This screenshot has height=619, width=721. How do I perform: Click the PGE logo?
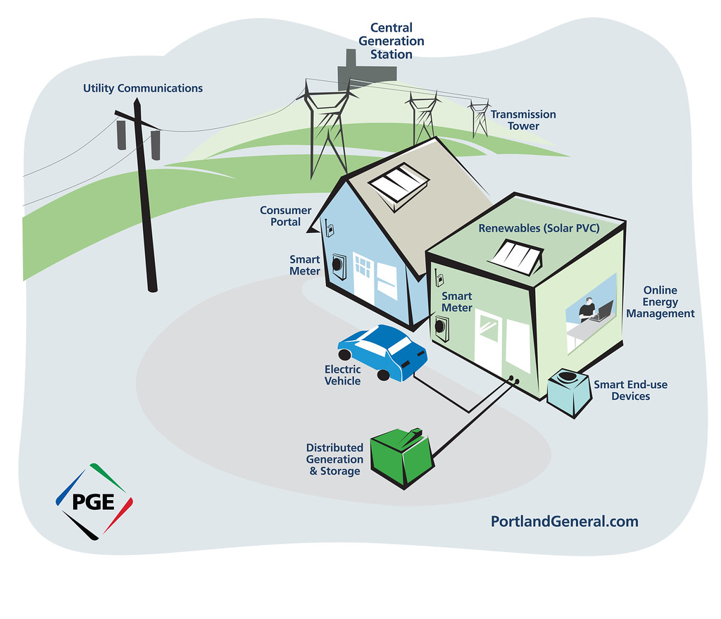[x=94, y=501]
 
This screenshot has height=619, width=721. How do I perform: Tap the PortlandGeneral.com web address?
[x=564, y=522]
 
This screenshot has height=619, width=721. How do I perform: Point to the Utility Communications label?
[x=143, y=89]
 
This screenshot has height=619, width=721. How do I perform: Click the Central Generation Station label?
[x=391, y=41]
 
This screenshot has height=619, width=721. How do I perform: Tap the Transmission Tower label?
[x=523, y=120]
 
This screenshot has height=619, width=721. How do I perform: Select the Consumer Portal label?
[x=285, y=216]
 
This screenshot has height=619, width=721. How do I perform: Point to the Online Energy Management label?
[x=660, y=301]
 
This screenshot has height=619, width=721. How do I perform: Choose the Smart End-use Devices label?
[x=630, y=390]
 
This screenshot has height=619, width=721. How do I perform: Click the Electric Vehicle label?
[x=342, y=375]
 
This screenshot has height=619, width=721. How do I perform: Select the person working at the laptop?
[x=587, y=310]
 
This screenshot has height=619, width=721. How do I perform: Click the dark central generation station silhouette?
[x=363, y=71]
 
